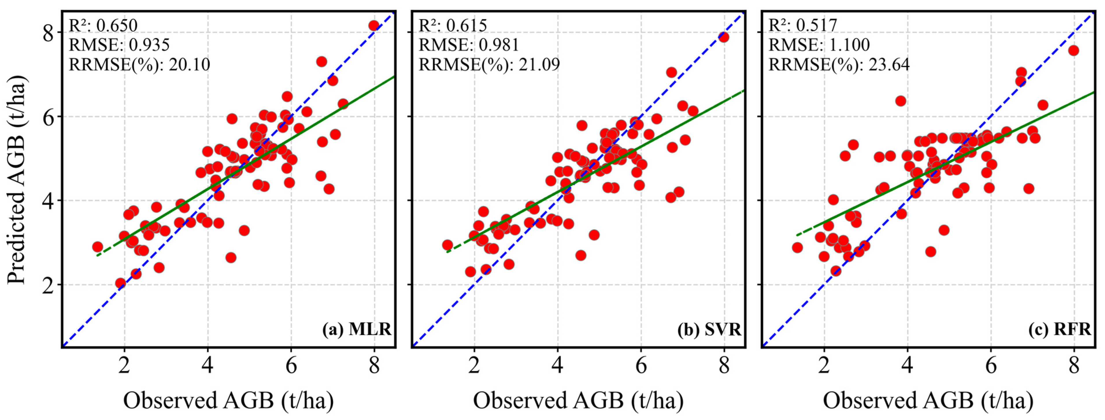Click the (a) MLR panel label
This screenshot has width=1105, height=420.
click(x=356, y=329)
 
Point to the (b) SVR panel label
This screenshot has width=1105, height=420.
click(x=709, y=329)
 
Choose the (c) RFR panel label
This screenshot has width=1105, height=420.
click(x=1059, y=329)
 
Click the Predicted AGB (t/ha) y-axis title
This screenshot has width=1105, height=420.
click(x=17, y=180)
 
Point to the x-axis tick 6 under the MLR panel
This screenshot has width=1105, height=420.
click(x=291, y=366)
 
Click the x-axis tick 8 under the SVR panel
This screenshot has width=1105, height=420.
click(x=724, y=366)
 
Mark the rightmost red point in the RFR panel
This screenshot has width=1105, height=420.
click(x=1073, y=51)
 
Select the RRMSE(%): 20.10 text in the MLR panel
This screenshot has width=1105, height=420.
click(x=139, y=64)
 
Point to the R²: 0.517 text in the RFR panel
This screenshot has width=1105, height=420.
click(x=802, y=25)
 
